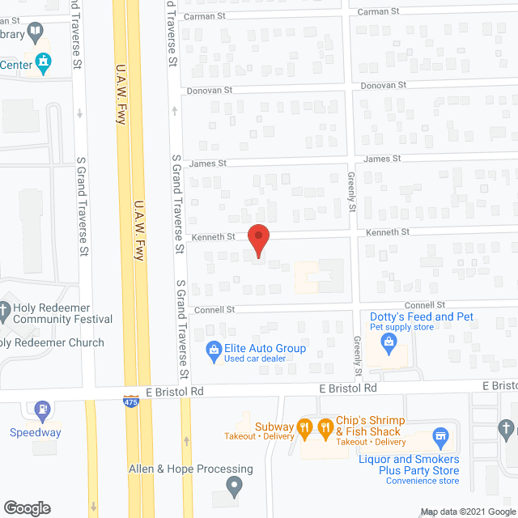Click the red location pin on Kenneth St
click(x=258, y=240)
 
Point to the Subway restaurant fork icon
click(x=304, y=427)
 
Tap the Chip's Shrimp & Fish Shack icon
click(x=325, y=427)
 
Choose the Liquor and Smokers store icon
click(x=441, y=438)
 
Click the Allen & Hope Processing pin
click(x=235, y=487)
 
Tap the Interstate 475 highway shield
click(x=130, y=401)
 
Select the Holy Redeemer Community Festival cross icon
click(x=4, y=308)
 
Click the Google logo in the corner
click(x=27, y=508)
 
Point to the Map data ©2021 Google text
click(x=467, y=512)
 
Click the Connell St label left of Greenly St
click(x=214, y=309)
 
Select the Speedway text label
click(x=35, y=432)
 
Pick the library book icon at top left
click(x=35, y=32)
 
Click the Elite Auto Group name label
click(x=267, y=349)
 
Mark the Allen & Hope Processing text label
click(x=191, y=469)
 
